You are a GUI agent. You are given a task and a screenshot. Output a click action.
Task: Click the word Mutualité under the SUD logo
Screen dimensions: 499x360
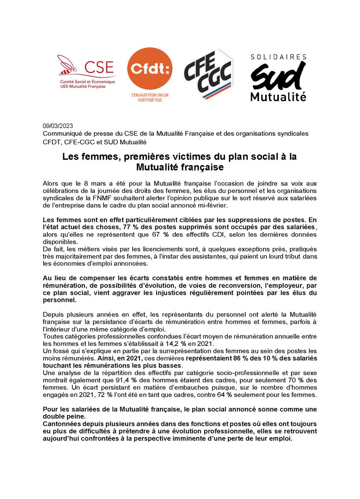[x=278, y=96]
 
